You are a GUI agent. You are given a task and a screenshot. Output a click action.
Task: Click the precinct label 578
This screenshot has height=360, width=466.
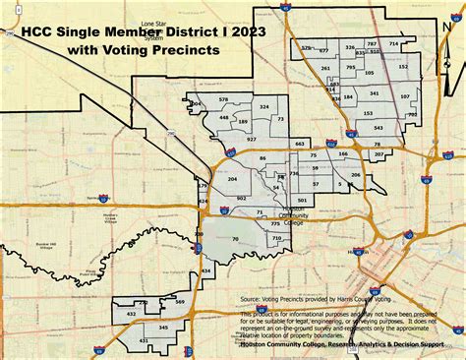224,100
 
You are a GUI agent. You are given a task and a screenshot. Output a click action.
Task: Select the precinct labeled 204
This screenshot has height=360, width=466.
232,179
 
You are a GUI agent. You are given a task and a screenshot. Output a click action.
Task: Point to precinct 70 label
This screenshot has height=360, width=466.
235,238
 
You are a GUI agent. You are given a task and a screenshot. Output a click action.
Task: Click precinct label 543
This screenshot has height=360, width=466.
379,128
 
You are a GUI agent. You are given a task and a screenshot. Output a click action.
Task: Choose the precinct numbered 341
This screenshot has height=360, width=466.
375,93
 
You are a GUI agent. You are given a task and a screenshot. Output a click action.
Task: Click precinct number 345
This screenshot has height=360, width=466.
164,327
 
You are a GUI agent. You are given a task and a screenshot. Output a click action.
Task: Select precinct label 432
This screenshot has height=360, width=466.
132,314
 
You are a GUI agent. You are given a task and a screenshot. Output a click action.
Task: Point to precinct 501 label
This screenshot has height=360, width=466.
303,200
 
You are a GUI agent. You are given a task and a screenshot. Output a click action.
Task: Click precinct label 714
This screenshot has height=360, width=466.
394,44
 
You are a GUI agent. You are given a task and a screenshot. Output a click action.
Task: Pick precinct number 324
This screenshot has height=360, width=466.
263,105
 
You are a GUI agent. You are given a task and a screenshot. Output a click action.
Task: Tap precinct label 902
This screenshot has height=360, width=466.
241,198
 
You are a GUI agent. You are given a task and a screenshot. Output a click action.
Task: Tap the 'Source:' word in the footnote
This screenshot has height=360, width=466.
254,293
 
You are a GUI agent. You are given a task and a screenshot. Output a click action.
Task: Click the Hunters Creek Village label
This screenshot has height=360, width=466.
108,216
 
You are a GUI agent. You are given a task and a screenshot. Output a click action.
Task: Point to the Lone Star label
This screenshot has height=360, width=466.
153,21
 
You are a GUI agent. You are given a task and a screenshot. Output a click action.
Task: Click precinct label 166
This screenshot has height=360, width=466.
342,154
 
